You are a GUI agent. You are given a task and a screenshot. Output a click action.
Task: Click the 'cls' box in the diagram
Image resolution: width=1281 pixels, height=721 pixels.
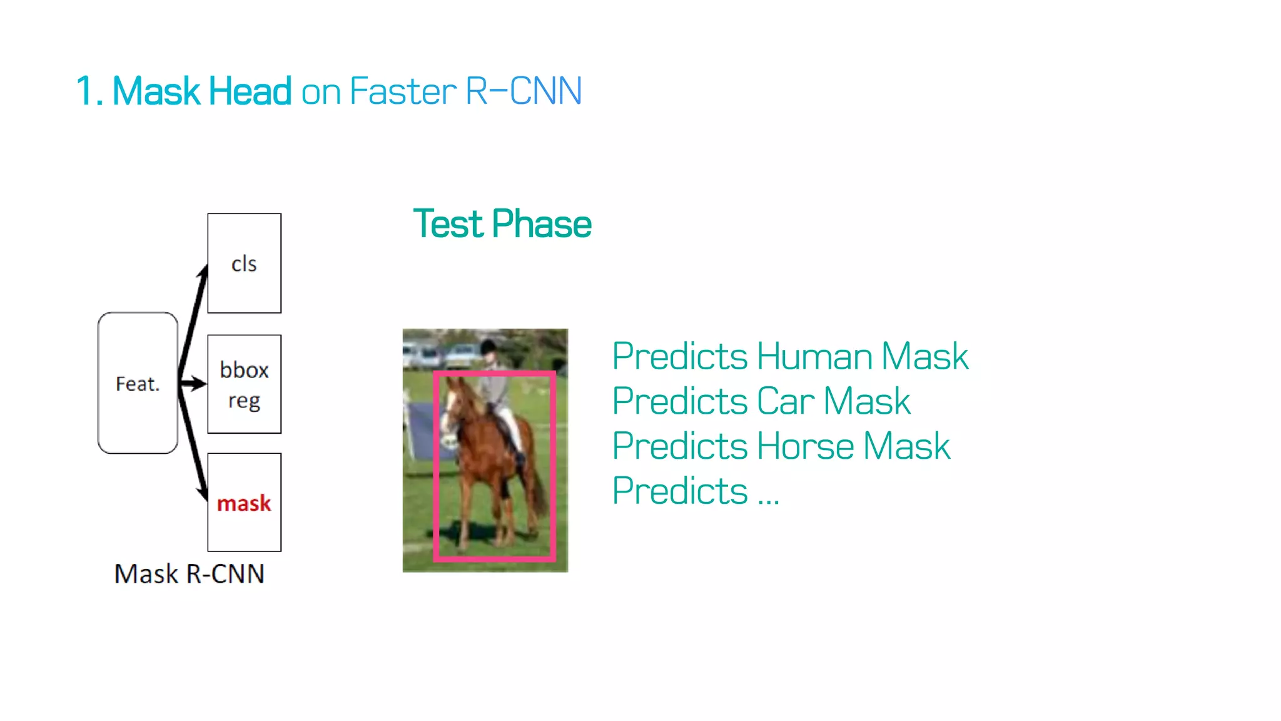(x=244, y=263)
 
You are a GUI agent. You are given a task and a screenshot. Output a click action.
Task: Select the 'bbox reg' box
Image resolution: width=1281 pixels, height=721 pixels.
(x=244, y=384)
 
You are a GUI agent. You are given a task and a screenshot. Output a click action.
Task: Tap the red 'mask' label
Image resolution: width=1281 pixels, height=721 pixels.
(x=244, y=503)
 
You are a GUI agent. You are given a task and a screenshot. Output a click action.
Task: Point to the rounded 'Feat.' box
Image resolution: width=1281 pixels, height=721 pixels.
(x=138, y=383)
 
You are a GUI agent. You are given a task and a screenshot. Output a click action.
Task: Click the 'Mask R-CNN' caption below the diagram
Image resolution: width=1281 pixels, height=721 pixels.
(x=189, y=574)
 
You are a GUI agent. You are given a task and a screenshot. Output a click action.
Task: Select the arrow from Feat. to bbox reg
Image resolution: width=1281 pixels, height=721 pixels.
(x=193, y=383)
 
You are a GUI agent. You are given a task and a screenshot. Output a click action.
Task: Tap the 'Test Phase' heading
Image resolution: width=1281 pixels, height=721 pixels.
(x=502, y=224)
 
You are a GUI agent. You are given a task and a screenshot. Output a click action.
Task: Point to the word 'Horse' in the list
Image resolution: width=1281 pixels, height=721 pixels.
(x=805, y=446)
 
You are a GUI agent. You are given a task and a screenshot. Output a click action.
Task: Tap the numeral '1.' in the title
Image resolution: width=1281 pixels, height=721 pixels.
(x=89, y=91)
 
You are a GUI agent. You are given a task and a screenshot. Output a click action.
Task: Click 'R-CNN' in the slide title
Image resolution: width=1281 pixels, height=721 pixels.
(x=524, y=91)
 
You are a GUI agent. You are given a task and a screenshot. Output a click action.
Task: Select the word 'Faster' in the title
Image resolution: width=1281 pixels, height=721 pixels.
(x=403, y=91)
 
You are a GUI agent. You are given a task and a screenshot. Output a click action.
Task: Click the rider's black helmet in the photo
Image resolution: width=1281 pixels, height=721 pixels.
(x=489, y=345)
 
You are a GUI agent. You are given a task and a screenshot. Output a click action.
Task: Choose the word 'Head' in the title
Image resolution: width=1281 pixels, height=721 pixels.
(x=250, y=91)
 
